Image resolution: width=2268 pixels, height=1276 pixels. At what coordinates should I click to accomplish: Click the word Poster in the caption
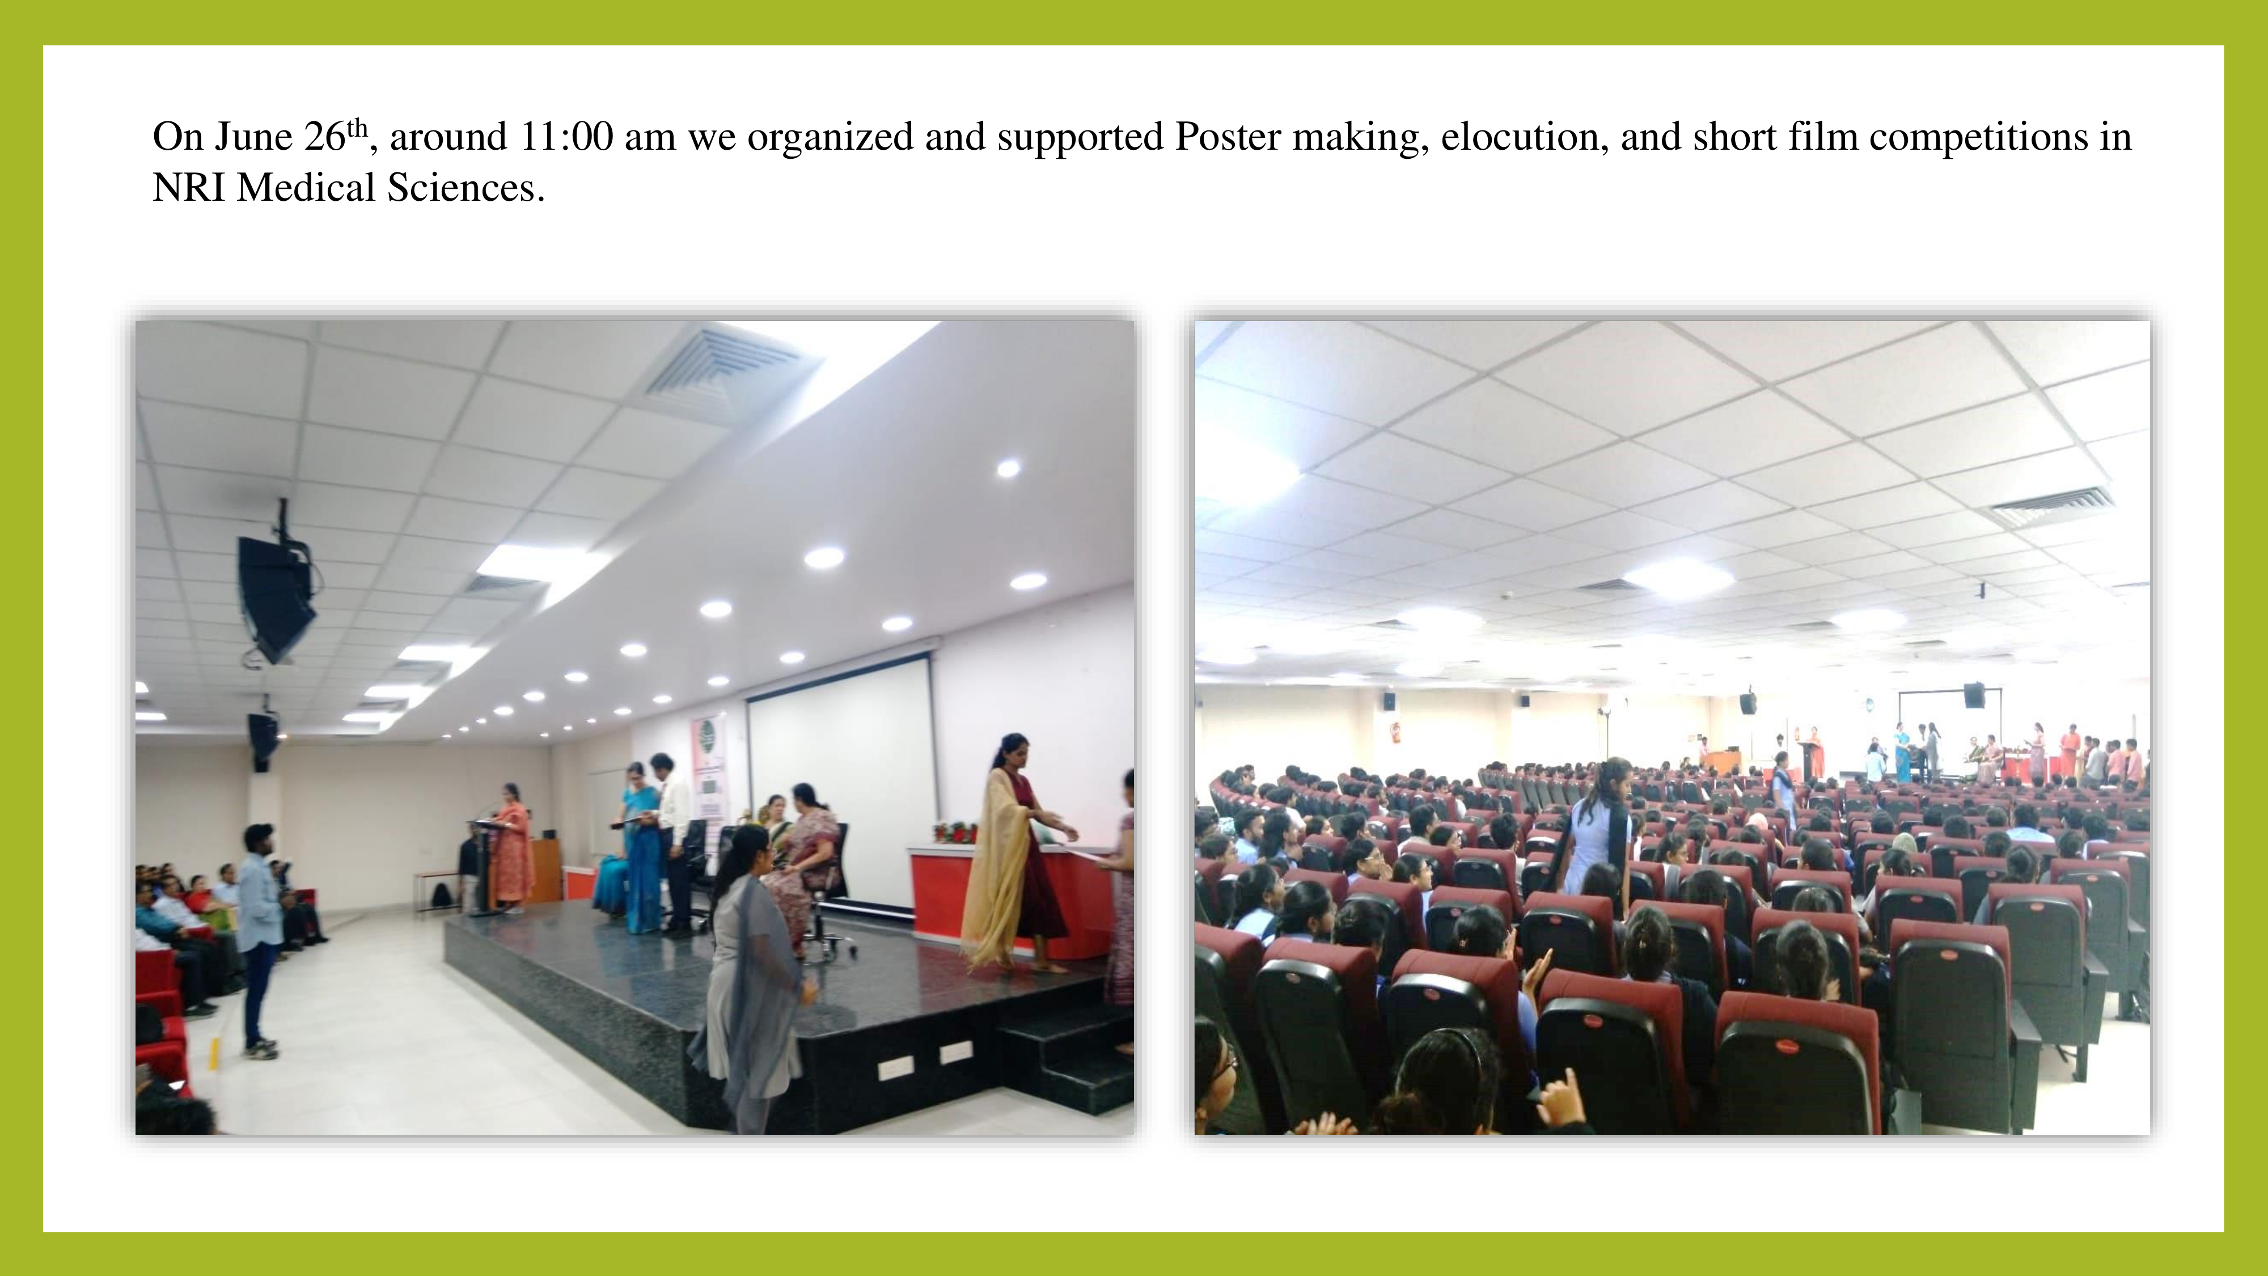pos(1228,137)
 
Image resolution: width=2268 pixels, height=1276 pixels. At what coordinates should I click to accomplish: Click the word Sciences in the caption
pos(466,188)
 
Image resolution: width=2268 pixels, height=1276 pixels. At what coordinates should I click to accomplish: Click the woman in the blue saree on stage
pos(638,846)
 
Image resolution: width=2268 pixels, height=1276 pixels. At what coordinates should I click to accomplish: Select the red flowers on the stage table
pos(955,832)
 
